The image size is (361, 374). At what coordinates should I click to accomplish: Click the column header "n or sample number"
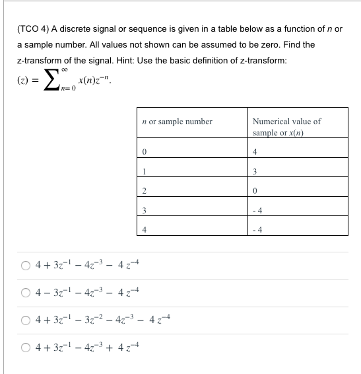[x=177, y=122]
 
